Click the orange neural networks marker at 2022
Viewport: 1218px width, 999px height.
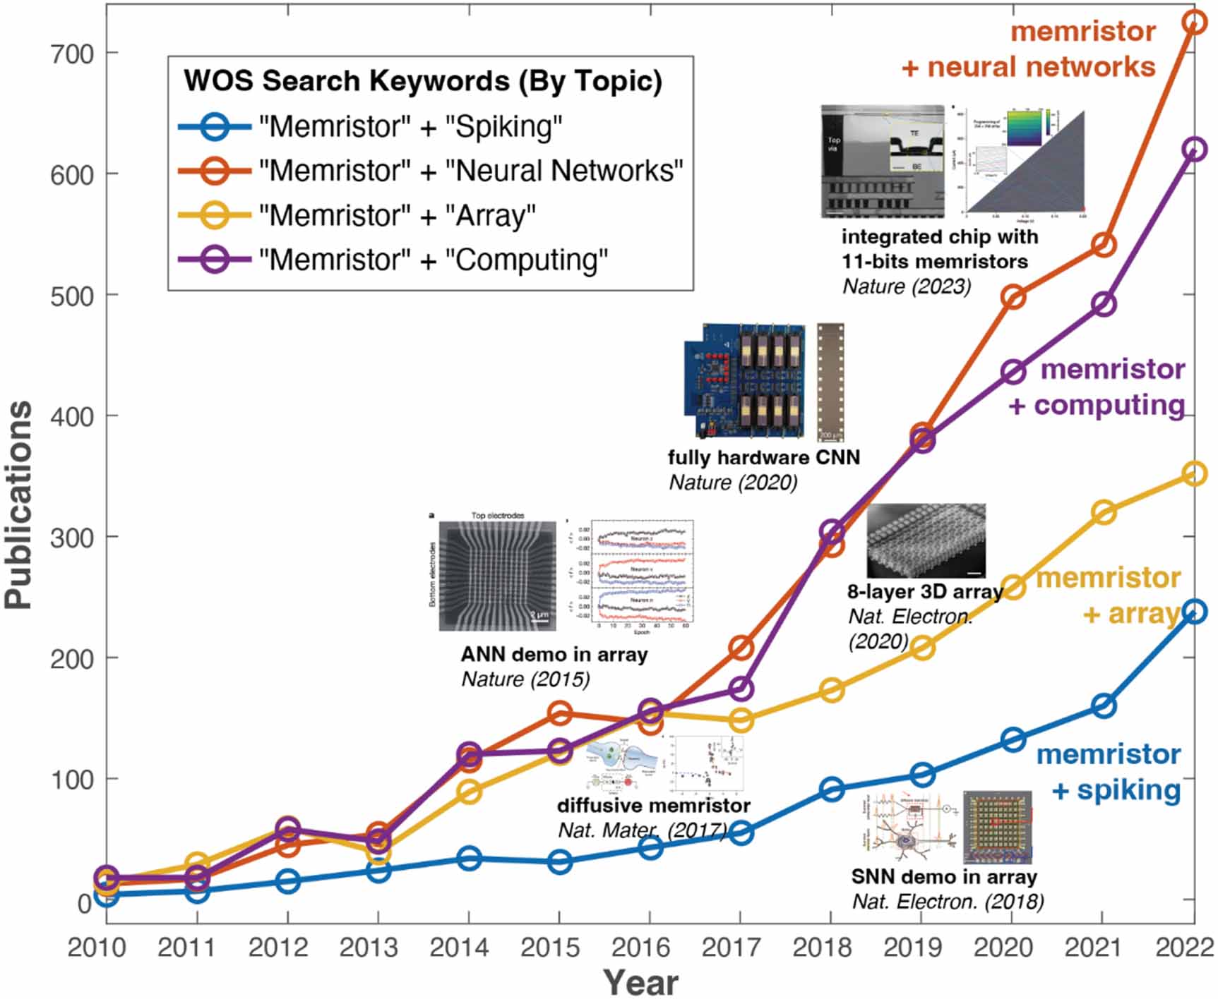tap(1194, 23)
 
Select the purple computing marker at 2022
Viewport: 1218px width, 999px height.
tap(1194, 150)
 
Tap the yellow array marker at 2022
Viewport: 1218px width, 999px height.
tap(1194, 473)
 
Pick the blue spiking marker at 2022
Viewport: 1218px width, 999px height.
tap(1194, 611)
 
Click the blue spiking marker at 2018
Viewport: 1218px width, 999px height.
tap(832, 789)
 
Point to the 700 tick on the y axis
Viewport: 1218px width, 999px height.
tap(72, 54)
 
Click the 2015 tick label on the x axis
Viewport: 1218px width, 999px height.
tap(549, 947)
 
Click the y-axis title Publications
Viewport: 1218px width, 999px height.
tap(19, 504)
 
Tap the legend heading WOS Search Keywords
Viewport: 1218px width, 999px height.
tap(422, 80)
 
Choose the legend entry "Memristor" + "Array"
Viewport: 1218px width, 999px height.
tap(396, 215)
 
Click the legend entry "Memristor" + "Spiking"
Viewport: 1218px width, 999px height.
tap(410, 127)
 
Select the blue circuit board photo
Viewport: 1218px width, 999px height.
tap(745, 381)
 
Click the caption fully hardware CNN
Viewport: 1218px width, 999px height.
tap(764, 457)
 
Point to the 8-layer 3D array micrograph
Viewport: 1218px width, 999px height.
tap(926, 540)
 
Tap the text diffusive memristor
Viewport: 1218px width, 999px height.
tap(653, 805)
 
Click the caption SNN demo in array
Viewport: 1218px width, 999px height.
tap(943, 876)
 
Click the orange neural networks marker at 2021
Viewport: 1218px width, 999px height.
tap(1104, 245)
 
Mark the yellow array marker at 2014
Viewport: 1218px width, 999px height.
tap(469, 792)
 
